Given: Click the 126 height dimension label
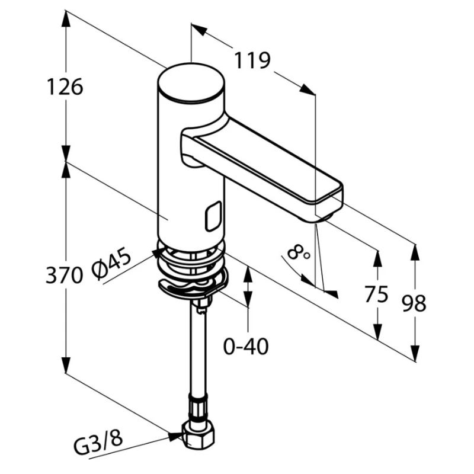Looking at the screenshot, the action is pos(65,87).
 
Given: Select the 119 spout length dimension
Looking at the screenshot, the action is pos(253,60).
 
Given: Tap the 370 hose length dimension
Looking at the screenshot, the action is pos(64,275).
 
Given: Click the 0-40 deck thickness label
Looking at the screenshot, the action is pos(246,347).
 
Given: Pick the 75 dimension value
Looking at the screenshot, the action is pos(376,294).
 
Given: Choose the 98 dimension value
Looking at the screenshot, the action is pos(414,303).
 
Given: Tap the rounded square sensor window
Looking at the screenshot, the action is pos(213,216).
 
